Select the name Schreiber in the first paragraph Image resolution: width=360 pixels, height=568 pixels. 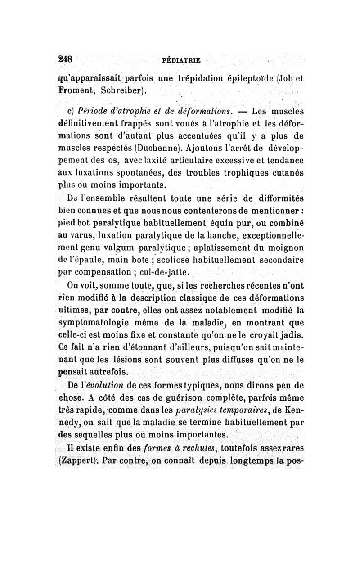[121, 90]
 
